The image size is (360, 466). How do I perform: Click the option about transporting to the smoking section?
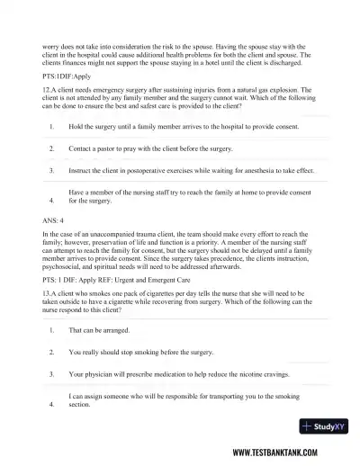(189, 399)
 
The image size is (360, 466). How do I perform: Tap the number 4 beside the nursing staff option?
(52, 201)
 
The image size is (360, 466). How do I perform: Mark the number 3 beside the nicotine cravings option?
(52, 373)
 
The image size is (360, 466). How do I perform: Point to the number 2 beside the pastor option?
(52, 148)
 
